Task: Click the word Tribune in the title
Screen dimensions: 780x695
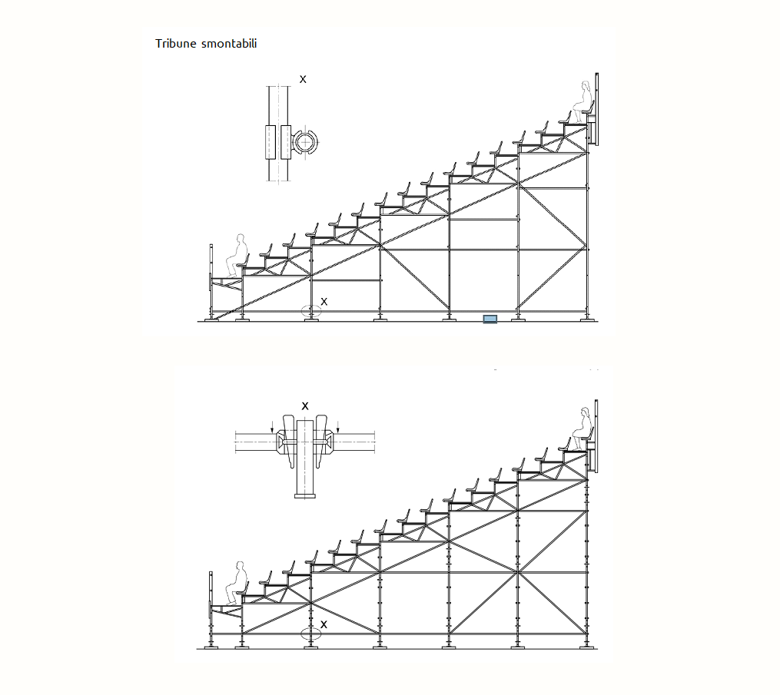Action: pos(176,43)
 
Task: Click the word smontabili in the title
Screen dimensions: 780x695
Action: pos(229,43)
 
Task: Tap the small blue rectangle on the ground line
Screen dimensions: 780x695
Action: pos(490,319)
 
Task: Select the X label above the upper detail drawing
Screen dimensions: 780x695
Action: pos(303,79)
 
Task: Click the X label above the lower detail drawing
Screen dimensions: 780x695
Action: pos(305,406)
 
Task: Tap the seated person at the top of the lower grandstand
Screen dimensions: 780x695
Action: pos(583,429)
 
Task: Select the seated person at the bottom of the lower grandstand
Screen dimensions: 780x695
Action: pos(237,583)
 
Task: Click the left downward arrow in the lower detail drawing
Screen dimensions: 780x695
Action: pos(272,426)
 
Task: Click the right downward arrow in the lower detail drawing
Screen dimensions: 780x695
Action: pos(338,426)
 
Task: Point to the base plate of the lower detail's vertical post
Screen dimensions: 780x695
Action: pos(305,495)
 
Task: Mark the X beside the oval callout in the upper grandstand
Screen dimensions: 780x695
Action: pos(324,301)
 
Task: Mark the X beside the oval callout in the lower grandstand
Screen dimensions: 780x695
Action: pos(324,624)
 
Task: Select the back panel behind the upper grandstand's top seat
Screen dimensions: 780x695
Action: pos(596,109)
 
